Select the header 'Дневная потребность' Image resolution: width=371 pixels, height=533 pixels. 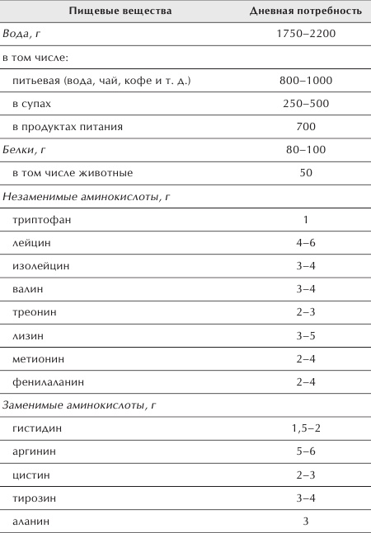[305, 12]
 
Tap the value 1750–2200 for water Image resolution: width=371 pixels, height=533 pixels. [305, 35]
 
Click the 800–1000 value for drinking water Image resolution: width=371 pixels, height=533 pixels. [305, 81]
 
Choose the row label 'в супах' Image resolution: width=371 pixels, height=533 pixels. [35, 104]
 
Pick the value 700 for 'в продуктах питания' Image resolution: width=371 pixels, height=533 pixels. [305, 127]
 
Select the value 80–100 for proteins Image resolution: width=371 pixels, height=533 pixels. [305, 150]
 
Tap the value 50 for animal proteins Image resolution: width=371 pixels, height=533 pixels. [305, 173]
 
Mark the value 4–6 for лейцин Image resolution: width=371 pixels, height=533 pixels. [305, 243]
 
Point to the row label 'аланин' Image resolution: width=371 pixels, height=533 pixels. [31, 521]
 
